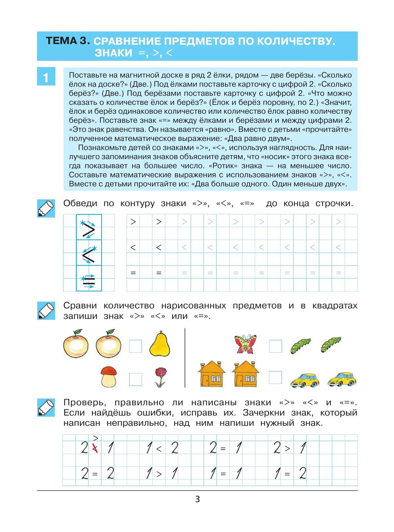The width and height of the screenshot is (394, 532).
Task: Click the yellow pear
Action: (160, 344)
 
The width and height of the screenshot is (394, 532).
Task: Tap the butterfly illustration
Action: (245, 344)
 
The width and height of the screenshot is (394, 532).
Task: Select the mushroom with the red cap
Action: (109, 377)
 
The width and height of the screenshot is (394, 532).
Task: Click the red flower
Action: (161, 377)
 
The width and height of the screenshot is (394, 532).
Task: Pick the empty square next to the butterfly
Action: (275, 346)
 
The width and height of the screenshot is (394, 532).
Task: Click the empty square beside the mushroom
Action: (136, 379)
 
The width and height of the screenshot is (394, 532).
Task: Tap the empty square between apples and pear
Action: (136, 346)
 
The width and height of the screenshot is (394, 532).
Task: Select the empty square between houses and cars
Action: (275, 377)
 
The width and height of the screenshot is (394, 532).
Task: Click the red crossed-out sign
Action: (95, 448)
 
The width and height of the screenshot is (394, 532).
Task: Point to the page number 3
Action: (197, 499)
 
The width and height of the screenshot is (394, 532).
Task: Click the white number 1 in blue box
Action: (46, 78)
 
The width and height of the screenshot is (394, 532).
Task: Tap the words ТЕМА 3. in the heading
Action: (68, 41)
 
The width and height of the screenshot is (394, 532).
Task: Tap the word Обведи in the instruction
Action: (80, 203)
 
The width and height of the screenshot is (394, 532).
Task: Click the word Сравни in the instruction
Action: (80, 306)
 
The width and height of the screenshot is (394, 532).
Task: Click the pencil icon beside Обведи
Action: (46, 208)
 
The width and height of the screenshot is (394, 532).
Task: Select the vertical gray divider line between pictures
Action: (185, 358)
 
